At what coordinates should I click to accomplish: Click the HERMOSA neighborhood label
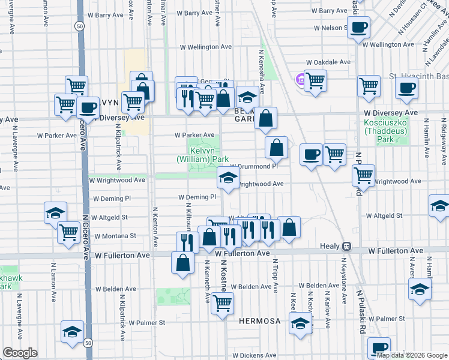pos(259,321)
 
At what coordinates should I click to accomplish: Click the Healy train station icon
pos(346,247)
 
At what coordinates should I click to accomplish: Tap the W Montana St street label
pos(115,236)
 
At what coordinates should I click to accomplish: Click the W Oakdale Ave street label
pos(328,62)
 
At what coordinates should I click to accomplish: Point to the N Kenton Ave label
pos(155,227)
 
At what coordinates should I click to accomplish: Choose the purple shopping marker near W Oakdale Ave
pos(300,79)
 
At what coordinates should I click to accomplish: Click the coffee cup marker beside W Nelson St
pos(358,27)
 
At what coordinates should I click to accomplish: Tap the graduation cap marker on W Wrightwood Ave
pos(228,178)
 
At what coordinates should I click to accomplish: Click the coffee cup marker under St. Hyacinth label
pos(406,88)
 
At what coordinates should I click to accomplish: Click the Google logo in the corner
pos(20,353)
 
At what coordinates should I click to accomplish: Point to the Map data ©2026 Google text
pos(411,355)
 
